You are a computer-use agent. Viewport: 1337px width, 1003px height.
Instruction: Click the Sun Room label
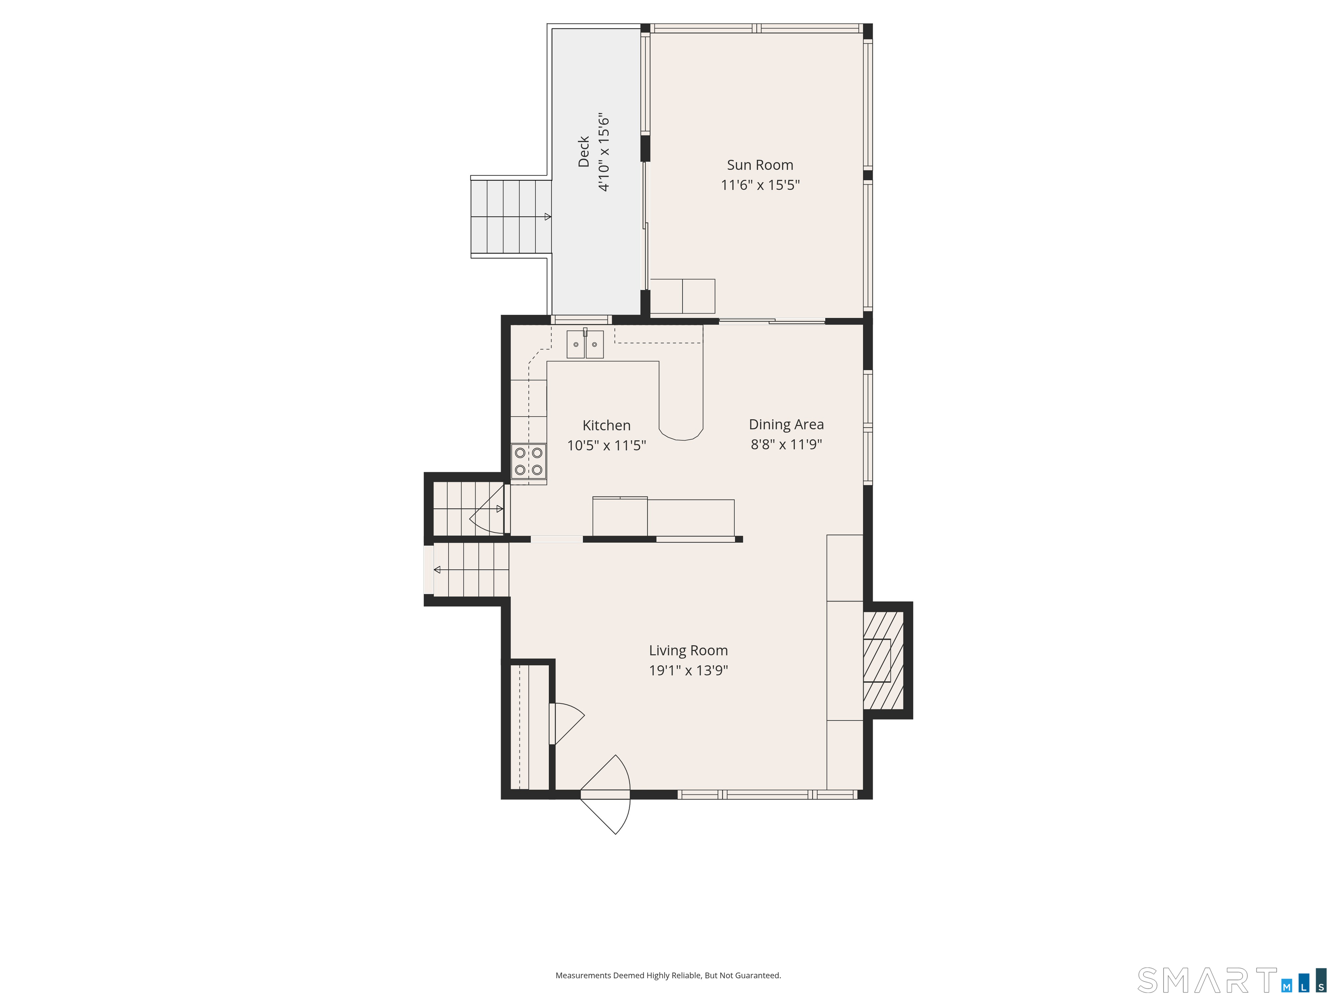click(760, 165)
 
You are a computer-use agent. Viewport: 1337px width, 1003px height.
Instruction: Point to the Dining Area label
click(786, 424)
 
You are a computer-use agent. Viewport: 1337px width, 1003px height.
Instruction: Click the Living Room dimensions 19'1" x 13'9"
click(688, 670)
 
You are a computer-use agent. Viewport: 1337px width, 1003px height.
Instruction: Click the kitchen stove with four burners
click(528, 461)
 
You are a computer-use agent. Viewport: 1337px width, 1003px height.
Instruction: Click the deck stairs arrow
click(547, 216)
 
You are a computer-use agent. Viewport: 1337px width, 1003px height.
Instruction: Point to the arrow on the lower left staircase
click(437, 569)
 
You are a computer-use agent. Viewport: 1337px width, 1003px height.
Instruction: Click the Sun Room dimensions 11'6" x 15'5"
click(760, 185)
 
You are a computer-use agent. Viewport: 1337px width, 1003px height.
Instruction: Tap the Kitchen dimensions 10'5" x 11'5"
click(606, 446)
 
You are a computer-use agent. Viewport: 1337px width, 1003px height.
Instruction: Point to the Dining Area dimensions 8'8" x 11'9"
click(786, 444)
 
